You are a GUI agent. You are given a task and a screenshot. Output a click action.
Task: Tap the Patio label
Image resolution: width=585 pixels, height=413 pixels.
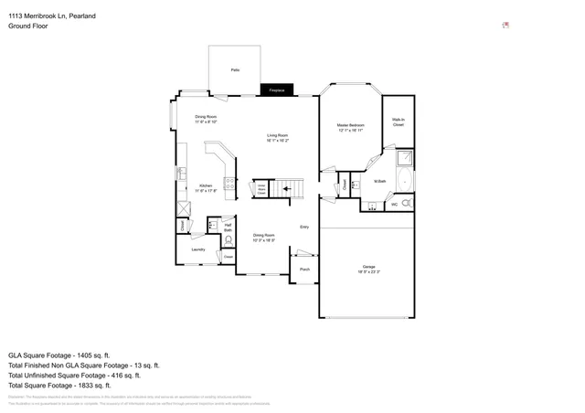[235, 69]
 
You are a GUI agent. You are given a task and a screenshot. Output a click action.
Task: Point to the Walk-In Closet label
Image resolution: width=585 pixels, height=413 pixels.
[399, 122]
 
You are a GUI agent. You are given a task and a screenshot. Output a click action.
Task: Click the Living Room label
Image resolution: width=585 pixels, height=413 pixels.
[277, 138]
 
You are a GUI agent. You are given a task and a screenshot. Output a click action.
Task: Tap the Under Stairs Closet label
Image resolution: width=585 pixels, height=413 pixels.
[261, 189]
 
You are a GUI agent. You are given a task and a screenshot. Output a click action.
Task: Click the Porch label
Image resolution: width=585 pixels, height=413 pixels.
[305, 270]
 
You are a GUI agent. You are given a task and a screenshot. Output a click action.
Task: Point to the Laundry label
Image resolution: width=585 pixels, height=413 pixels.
[197, 249]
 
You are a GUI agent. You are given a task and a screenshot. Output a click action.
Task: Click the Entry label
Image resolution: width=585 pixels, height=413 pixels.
[304, 228]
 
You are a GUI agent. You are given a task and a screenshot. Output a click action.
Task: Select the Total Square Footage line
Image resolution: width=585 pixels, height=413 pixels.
[71, 387]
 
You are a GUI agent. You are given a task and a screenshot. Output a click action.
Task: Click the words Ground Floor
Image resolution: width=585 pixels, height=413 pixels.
[28, 26]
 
